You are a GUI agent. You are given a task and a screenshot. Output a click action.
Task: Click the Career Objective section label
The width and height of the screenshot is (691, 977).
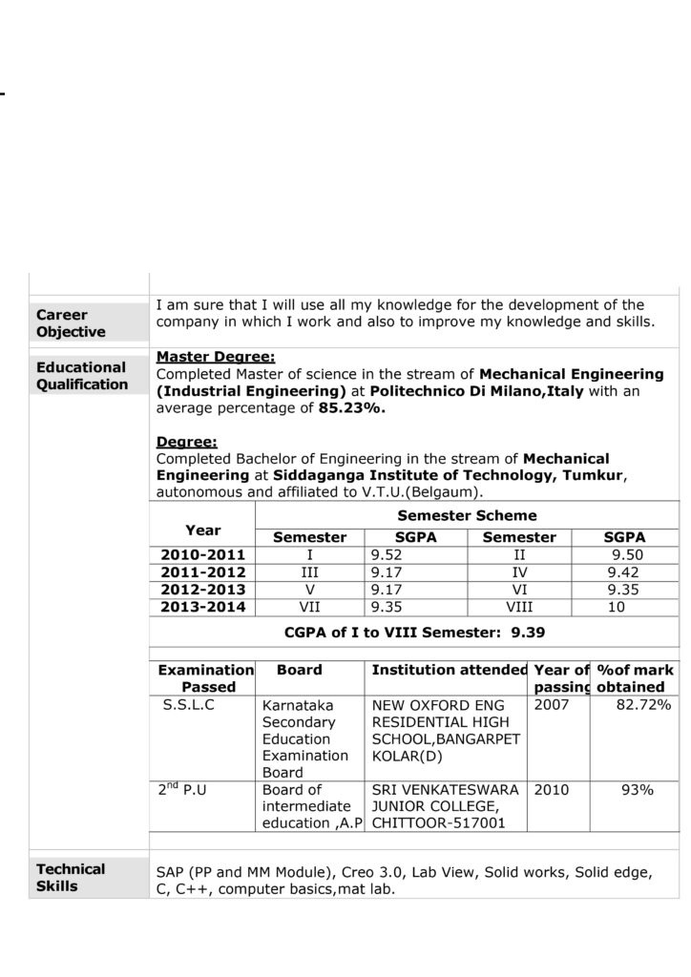click(71, 323)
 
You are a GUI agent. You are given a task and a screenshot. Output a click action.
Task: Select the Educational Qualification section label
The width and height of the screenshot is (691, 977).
click(81, 376)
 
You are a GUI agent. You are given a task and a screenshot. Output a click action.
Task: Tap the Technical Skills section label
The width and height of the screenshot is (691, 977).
click(71, 878)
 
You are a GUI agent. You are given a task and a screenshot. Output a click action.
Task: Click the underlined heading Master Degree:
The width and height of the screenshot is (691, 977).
click(215, 357)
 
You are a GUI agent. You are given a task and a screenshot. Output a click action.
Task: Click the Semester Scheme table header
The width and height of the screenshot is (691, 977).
click(467, 515)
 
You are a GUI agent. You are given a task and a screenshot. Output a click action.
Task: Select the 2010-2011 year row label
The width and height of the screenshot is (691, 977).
click(203, 555)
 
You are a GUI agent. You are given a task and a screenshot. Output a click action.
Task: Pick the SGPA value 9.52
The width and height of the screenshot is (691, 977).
click(386, 555)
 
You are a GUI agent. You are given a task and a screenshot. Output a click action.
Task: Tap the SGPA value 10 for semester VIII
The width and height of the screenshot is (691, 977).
click(617, 607)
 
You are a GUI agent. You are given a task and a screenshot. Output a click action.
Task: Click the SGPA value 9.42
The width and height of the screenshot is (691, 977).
click(622, 572)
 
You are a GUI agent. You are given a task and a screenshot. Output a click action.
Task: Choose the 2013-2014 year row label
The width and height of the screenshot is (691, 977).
click(203, 607)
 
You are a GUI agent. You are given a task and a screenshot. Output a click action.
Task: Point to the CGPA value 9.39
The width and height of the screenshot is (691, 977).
click(528, 632)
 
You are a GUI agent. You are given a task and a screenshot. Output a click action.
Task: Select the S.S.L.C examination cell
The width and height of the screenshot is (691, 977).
click(189, 705)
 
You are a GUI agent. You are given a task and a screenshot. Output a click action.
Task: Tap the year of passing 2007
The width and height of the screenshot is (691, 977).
click(552, 705)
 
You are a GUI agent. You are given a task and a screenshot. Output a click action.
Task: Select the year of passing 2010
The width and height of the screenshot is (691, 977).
click(552, 790)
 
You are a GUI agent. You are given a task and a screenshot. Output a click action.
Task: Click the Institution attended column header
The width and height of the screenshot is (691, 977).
click(449, 671)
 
